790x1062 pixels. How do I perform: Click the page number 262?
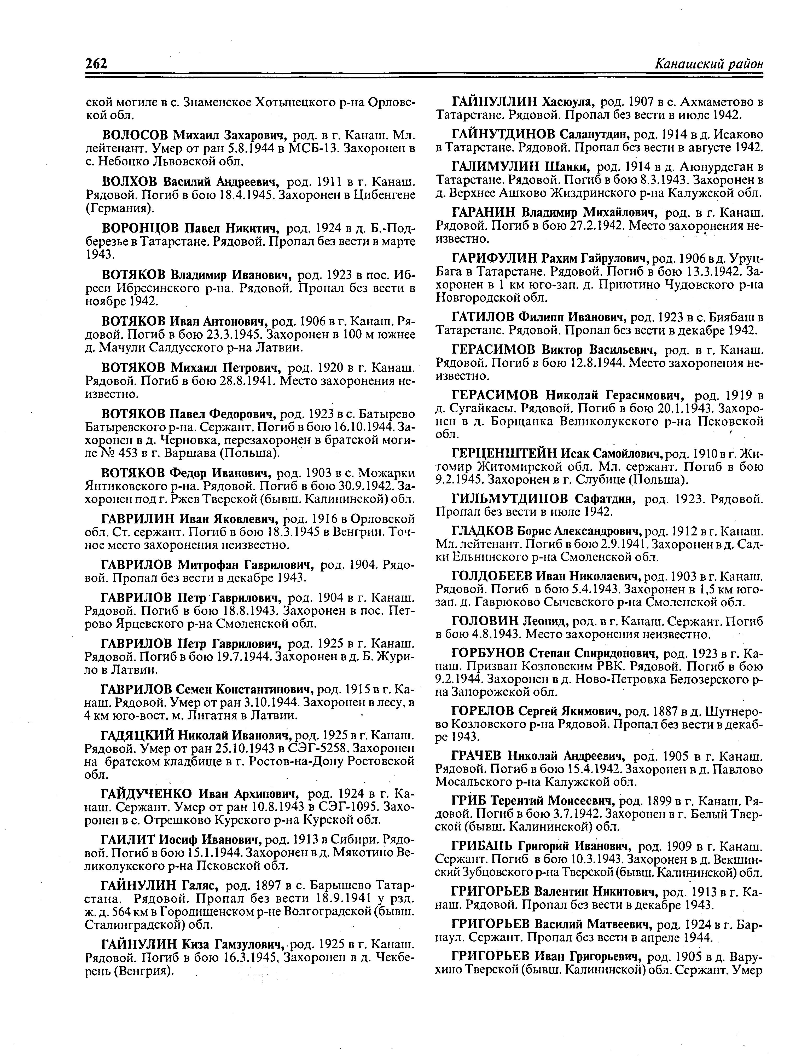pyautogui.click(x=97, y=64)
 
